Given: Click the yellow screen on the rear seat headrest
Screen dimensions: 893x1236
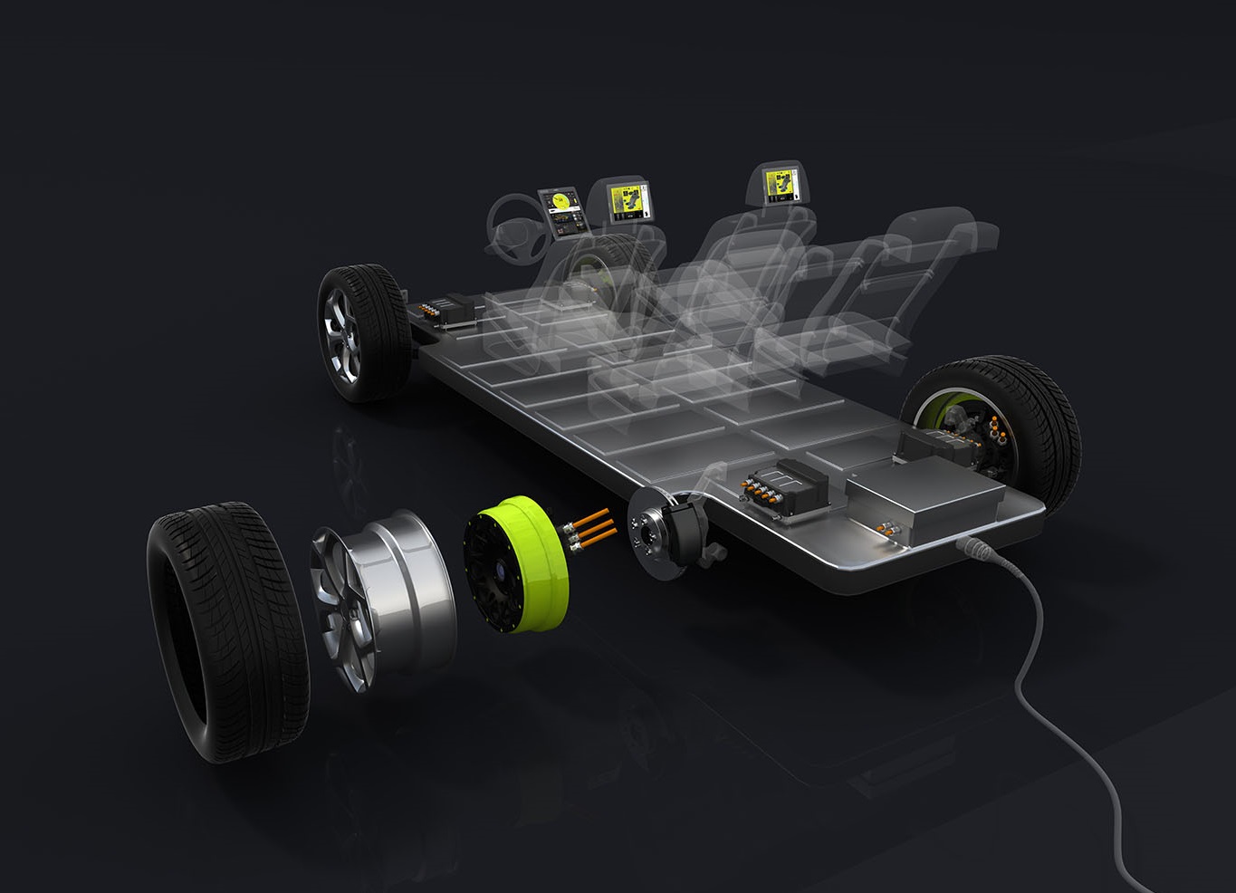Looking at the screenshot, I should pyautogui.click(x=780, y=186).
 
